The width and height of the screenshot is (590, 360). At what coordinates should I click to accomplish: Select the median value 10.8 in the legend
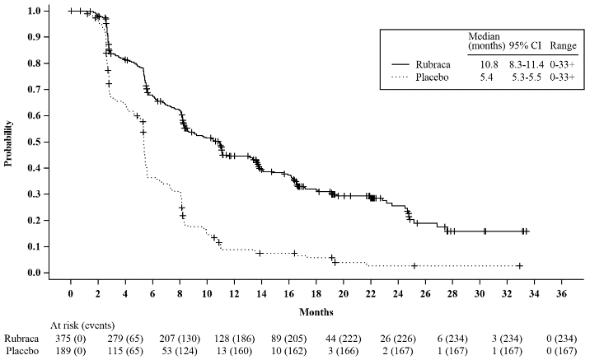click(x=480, y=63)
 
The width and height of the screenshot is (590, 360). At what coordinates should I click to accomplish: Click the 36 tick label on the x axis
click(x=562, y=293)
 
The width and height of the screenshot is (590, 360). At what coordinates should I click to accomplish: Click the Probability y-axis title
click(x=8, y=144)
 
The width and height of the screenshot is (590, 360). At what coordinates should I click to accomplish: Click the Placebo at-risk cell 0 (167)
click(x=562, y=353)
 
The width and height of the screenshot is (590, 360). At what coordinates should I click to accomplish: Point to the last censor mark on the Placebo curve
click(x=520, y=265)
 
